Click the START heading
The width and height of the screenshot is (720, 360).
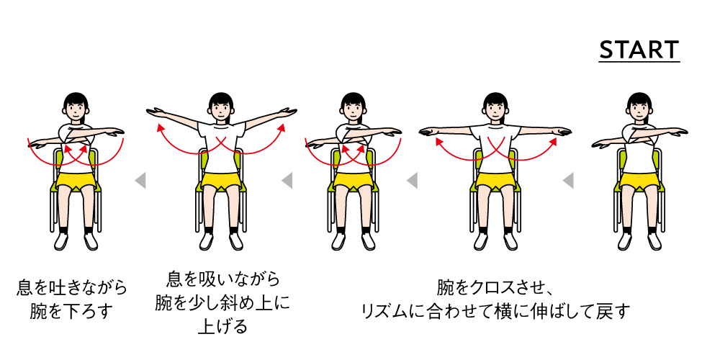(x=639, y=49)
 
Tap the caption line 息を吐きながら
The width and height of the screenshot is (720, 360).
(x=71, y=289)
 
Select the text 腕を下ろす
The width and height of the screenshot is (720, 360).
(x=71, y=311)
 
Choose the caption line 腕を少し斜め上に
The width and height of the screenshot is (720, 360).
(x=222, y=302)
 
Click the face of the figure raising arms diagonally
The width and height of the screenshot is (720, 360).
(x=221, y=109)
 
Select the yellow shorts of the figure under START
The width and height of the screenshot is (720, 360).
(x=640, y=181)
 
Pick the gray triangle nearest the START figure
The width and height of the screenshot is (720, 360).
(x=568, y=180)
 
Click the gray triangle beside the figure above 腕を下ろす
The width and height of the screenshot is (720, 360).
(x=140, y=180)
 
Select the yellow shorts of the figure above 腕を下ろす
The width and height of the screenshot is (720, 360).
(x=76, y=181)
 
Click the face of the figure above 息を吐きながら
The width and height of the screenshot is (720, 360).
(x=76, y=109)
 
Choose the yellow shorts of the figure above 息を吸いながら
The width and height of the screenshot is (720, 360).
(x=221, y=181)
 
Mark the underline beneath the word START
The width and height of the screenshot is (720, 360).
(x=639, y=61)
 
